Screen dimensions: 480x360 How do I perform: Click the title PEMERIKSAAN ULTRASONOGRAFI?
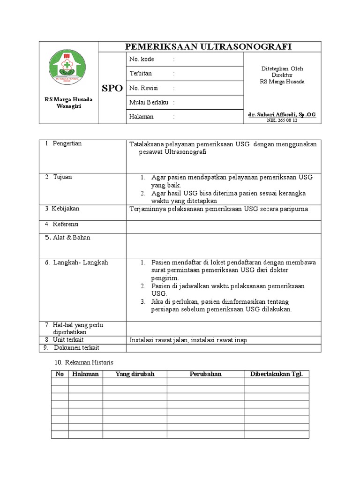208,46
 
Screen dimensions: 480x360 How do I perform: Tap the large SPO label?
112,88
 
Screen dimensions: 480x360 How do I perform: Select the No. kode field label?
142,60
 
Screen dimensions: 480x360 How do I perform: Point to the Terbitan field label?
141,74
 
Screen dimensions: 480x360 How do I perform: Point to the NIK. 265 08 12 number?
282,120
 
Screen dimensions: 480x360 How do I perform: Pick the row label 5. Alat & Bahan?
67,238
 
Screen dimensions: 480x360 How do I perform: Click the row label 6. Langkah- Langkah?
76,262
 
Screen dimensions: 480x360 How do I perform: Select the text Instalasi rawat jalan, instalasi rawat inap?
188,340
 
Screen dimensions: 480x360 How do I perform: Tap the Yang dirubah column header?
135,374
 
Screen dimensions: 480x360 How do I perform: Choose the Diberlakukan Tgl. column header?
276,374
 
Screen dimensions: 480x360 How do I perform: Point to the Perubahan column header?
205,374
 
